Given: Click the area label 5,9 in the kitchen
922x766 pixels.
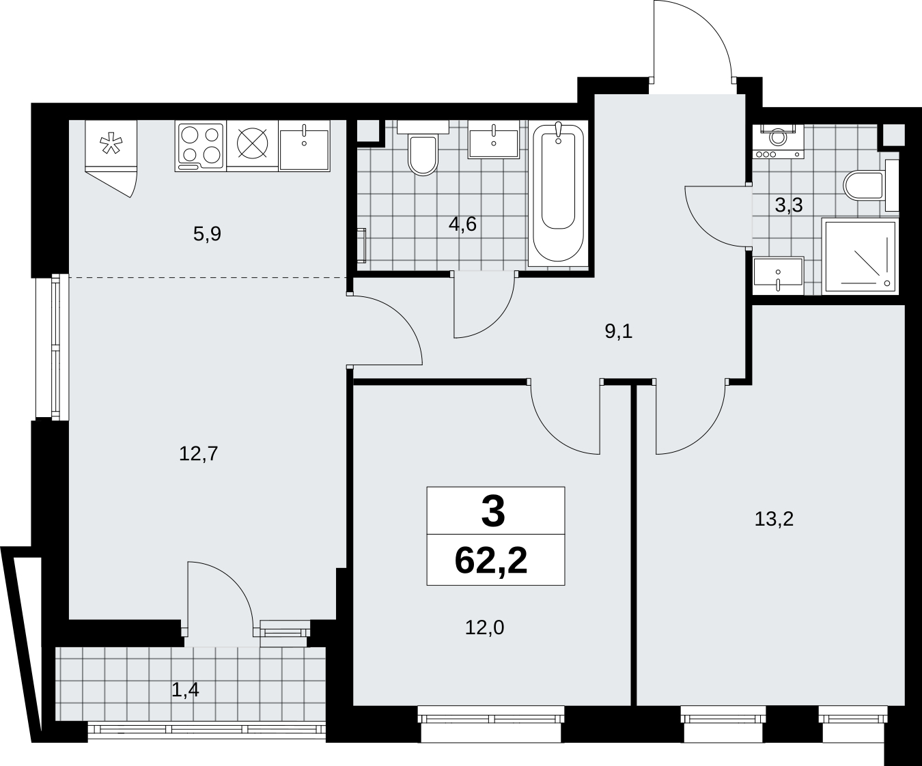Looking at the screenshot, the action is (x=207, y=234).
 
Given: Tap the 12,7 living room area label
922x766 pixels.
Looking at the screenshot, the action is (x=199, y=454).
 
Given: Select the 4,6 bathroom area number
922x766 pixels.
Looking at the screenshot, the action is (x=462, y=225).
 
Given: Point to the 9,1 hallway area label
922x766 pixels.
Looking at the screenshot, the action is (x=619, y=331).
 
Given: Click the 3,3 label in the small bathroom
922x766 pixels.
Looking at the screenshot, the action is (x=789, y=205).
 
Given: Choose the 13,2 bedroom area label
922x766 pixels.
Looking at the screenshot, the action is (x=774, y=520).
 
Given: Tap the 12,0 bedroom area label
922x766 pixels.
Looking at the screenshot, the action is (x=484, y=627).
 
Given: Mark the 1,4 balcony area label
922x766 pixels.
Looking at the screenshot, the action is (x=185, y=690).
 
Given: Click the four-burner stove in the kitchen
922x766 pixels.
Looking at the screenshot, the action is (x=201, y=146).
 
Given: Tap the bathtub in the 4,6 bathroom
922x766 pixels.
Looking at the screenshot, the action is (x=558, y=194).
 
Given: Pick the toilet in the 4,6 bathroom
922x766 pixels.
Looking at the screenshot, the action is (x=423, y=148).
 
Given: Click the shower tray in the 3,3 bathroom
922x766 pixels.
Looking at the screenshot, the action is (x=860, y=257).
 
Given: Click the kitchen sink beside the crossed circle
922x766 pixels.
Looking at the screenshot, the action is (x=304, y=146).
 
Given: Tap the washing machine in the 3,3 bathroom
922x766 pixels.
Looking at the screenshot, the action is (x=779, y=141).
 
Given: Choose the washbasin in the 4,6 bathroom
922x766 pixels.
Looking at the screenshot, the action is (x=494, y=139).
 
